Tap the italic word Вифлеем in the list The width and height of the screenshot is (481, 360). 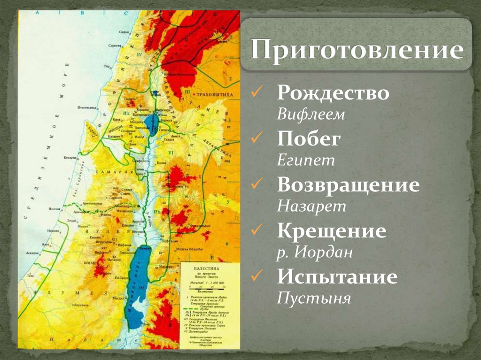coord(310,115)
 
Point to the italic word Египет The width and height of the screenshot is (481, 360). coord(306,161)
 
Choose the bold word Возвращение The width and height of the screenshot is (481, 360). coord(348,184)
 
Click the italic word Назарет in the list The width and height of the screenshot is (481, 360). coord(311,206)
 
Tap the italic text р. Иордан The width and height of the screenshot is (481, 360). coord(314,253)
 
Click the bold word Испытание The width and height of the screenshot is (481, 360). coord(337,276)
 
